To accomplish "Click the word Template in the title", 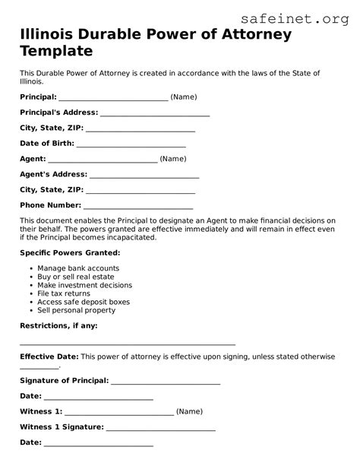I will click(57, 52).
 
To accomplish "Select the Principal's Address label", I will click(58, 113).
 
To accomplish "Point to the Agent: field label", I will click(33, 159).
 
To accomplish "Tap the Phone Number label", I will click(50, 205).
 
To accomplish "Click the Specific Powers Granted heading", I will click(70, 252).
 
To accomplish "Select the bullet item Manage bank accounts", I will click(78, 268).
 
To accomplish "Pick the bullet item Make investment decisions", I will click(84, 285).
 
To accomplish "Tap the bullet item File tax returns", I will click(64, 293).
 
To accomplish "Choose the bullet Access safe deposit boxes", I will click(84, 302).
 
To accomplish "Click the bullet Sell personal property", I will click(77, 310).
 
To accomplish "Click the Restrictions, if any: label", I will click(58, 325).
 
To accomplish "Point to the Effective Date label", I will click(49, 356).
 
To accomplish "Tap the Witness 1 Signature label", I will click(61, 426).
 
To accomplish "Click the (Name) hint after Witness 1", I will click(189, 411).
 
